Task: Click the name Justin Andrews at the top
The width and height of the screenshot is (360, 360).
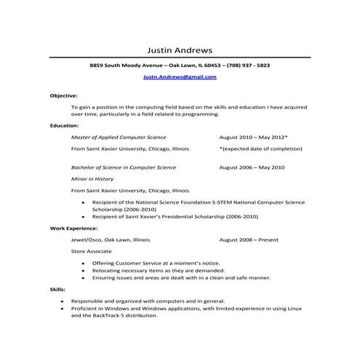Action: (x=180, y=51)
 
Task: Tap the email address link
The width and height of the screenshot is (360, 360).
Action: (x=180, y=76)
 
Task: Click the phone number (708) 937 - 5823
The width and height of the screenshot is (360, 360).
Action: (x=247, y=65)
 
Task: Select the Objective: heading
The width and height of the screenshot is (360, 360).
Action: (x=63, y=95)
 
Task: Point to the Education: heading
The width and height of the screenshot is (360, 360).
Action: (x=64, y=125)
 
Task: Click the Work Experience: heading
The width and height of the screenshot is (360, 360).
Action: (x=72, y=228)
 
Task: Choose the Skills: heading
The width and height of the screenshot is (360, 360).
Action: (x=58, y=289)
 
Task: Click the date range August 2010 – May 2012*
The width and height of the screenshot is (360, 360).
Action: (x=253, y=137)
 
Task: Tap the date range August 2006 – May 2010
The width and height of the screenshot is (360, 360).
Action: (x=252, y=167)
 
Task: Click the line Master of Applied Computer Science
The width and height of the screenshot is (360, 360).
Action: (x=119, y=137)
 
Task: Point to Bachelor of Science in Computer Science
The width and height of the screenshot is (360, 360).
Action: (x=124, y=167)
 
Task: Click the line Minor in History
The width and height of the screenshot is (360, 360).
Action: (x=92, y=178)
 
